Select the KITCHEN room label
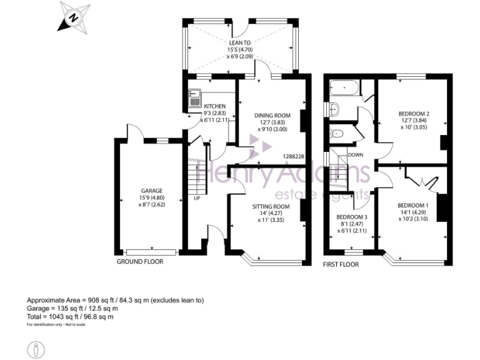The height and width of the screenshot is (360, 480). pyautogui.click(x=214, y=106)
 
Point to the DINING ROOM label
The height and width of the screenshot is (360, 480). pyautogui.click(x=272, y=116)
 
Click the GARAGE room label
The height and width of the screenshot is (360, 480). pyautogui.click(x=151, y=191)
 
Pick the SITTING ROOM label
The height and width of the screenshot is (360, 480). pyautogui.click(x=271, y=206)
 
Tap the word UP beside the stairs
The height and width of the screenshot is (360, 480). pyautogui.click(x=197, y=198)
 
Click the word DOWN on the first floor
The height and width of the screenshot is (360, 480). pyautogui.click(x=356, y=154)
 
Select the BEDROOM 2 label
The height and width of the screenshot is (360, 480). pyautogui.click(x=413, y=113)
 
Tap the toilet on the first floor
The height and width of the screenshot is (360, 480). pyautogui.click(x=338, y=132)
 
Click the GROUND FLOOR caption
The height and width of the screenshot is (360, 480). pyautogui.click(x=140, y=261)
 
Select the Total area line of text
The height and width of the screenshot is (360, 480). pyautogui.click(x=70, y=317)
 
